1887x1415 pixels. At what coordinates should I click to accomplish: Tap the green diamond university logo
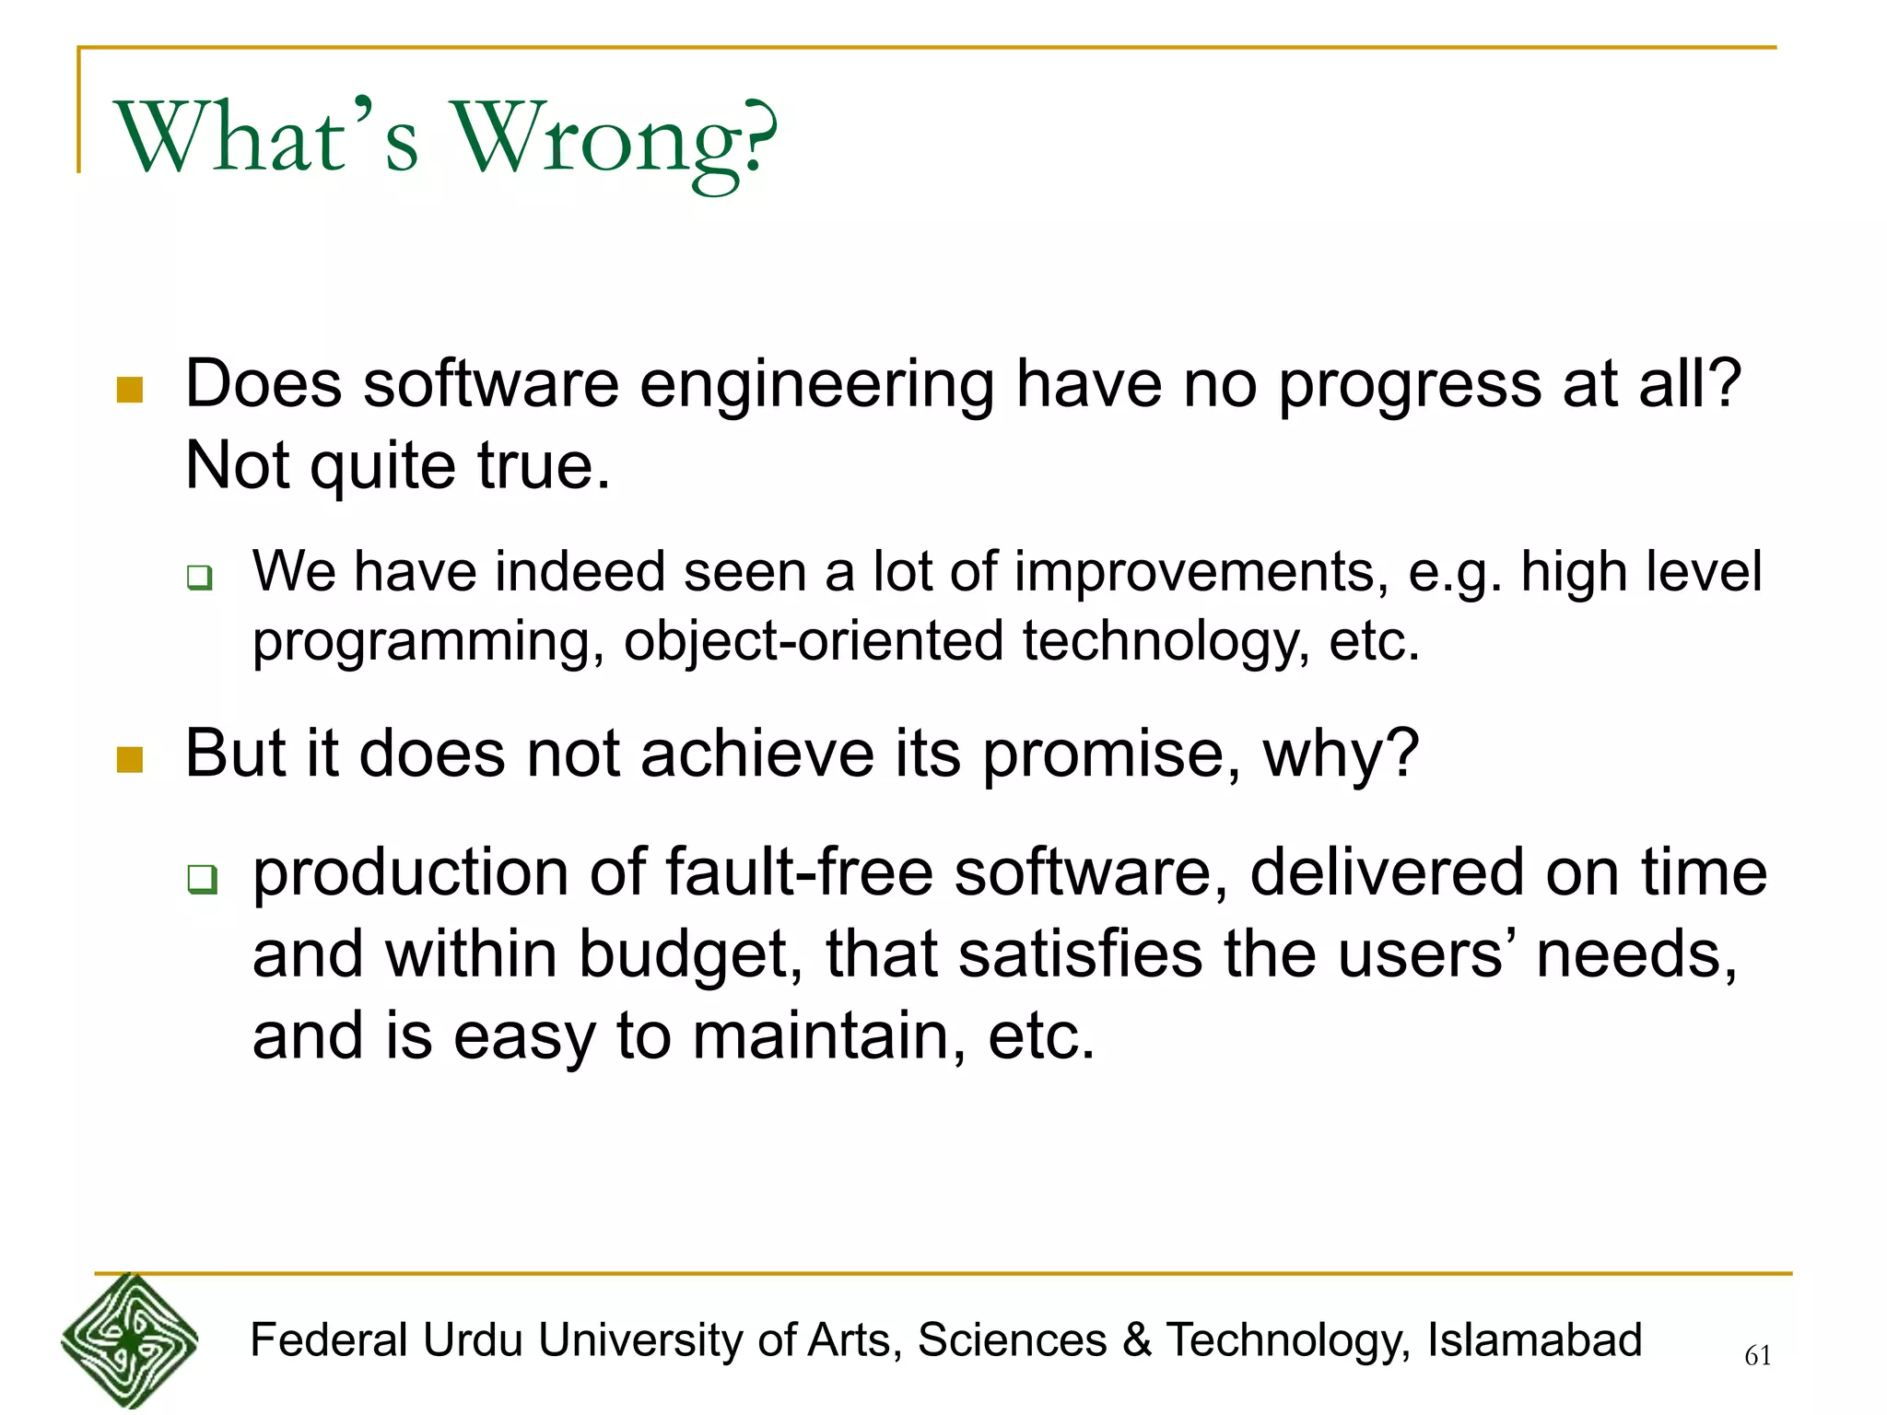coord(129,1340)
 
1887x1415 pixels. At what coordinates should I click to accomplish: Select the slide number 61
coord(1757,1355)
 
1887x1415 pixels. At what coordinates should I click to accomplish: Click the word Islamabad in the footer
coord(1534,1340)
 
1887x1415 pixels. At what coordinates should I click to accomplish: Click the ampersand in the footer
coord(1137,1340)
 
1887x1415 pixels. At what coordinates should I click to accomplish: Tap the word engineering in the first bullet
coord(816,385)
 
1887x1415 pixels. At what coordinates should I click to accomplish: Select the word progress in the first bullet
coord(1410,385)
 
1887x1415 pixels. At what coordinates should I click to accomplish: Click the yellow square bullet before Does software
coord(130,390)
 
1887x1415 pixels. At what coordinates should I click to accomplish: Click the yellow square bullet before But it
coord(130,760)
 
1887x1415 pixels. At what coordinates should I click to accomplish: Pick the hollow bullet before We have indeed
coord(200,578)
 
